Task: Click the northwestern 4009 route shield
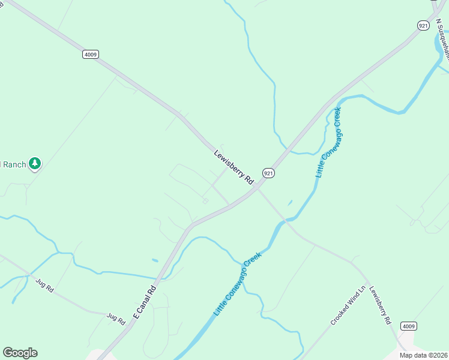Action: point(90,54)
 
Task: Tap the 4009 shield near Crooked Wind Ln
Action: point(409,326)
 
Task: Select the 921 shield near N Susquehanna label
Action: point(424,25)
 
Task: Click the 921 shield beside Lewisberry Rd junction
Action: point(268,173)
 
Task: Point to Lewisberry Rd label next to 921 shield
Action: point(234,167)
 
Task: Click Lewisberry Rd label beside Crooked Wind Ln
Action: point(380,305)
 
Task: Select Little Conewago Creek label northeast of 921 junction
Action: point(328,142)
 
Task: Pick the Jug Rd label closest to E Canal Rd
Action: point(116,318)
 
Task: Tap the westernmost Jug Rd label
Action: point(44,285)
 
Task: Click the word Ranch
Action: point(13,164)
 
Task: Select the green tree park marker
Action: point(35,163)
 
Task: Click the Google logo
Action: point(20,353)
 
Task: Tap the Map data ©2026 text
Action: point(424,355)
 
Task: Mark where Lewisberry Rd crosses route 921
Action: point(257,188)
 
